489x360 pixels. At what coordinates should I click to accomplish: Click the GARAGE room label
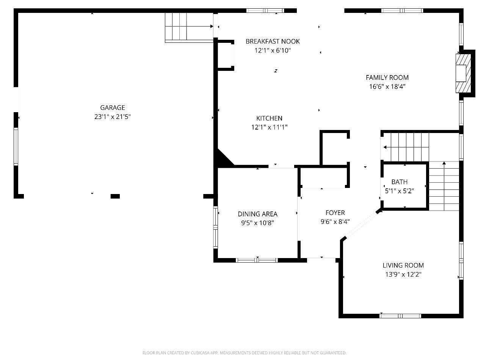pos(112,108)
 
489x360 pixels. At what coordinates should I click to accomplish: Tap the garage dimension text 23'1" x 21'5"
pos(112,117)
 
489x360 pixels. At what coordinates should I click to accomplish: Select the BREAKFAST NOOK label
pos(273,41)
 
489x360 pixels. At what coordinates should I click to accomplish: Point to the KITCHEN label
pos(269,118)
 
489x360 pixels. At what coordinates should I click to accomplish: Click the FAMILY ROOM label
pos(387,77)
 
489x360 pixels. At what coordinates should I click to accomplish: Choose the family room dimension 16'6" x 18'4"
pos(387,86)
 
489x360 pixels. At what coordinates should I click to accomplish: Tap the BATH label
pos(400,182)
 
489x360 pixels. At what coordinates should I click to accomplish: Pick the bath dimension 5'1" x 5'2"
pos(400,191)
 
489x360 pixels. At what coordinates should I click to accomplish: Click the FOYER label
pos(335,213)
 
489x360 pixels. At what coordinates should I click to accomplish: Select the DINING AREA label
pos(257,214)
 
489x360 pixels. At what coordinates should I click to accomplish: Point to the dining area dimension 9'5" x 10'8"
pos(257,223)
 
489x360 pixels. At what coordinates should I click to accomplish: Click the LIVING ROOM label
pos(403,265)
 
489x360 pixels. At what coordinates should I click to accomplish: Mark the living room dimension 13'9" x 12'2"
pos(403,274)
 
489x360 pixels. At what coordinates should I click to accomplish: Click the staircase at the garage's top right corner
pos(188,27)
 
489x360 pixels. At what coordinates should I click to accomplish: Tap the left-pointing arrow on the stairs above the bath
pos(385,147)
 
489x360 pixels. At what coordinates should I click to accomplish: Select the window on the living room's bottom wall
pos(400,316)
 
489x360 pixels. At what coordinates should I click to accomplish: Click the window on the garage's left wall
pos(16,146)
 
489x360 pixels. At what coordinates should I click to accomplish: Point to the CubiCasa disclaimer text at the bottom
pos(244,353)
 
